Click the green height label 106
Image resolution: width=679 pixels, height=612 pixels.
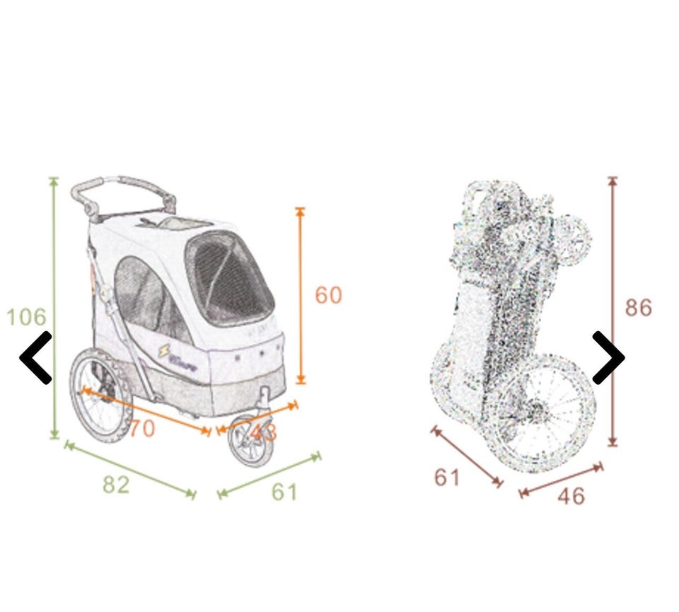26,316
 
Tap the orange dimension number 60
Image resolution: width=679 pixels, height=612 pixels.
328,296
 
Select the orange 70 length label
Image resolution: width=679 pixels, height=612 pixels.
141,429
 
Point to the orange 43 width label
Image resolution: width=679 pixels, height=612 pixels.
263,432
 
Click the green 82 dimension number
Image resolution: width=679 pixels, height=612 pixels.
116,485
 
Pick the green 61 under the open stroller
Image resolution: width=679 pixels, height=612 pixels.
284,492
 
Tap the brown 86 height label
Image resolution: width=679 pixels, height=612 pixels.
638,308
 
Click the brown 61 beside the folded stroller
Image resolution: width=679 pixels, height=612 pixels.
447,478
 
